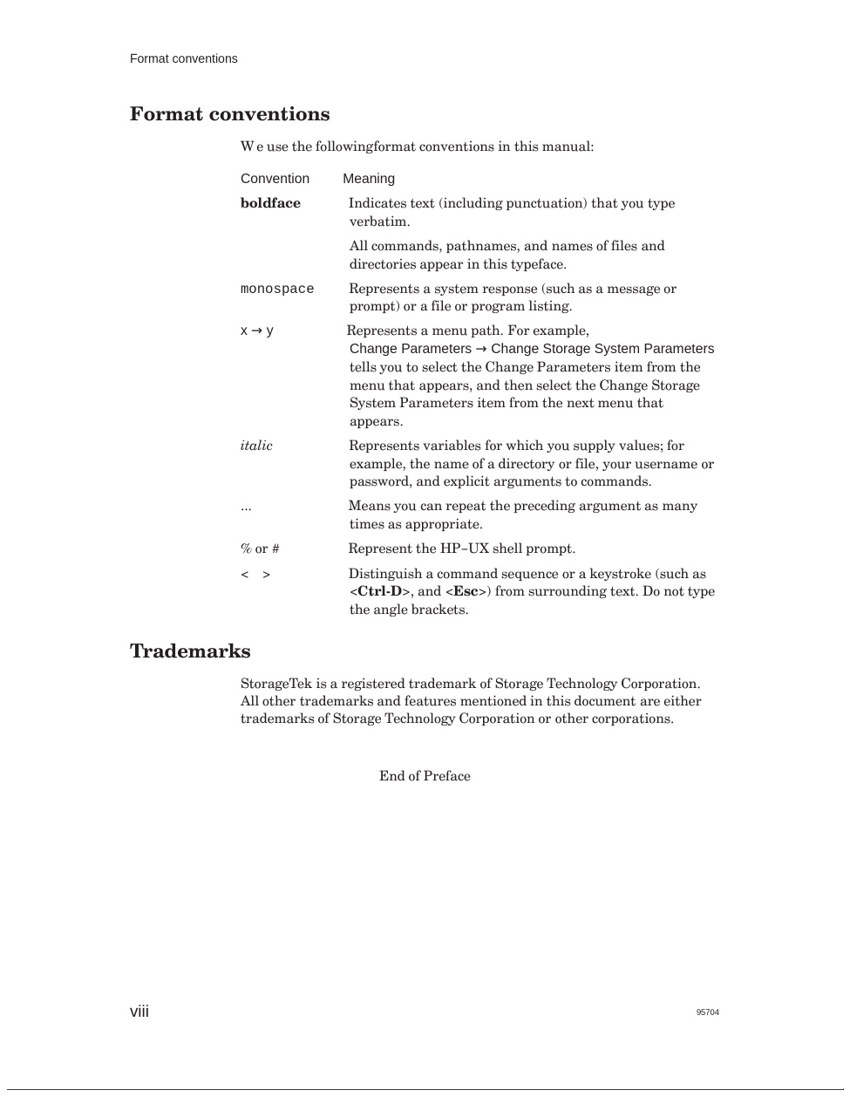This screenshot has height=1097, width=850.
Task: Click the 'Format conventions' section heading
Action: tap(229, 114)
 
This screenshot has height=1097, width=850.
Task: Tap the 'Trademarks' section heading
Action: tap(190, 651)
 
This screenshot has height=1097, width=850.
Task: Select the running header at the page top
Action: tap(183, 59)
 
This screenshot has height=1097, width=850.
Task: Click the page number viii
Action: tap(139, 1012)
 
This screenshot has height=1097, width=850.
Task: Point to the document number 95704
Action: tap(707, 1012)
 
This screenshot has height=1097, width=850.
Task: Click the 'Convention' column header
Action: tap(275, 179)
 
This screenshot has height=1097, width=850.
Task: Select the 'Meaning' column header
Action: tap(369, 179)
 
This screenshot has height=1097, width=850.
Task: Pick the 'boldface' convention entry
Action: tap(270, 203)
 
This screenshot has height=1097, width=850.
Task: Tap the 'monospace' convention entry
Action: tap(276, 290)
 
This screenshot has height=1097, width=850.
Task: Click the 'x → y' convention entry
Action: tap(257, 331)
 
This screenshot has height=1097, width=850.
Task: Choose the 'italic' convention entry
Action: tap(256, 446)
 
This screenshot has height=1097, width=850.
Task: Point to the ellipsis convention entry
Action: tap(246, 507)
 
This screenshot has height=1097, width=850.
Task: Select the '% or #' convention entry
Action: tap(260, 548)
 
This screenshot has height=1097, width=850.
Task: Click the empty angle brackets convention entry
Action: tap(255, 575)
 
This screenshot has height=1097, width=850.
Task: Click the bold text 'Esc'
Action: tap(466, 591)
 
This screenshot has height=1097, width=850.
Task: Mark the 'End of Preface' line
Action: tap(425, 776)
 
